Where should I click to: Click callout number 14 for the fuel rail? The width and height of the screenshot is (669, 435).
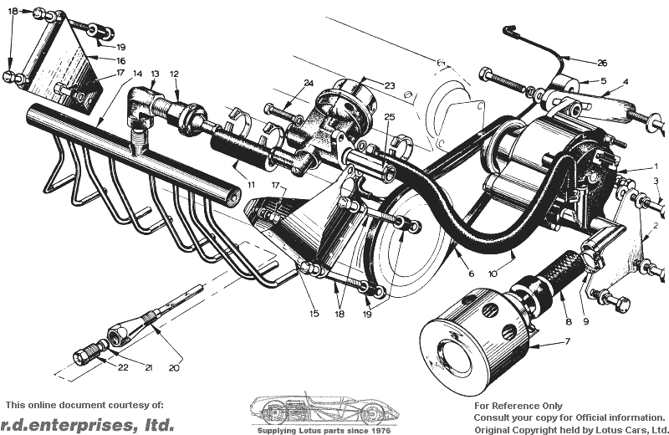(x=137, y=74)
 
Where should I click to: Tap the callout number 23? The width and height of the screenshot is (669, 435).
(x=390, y=85)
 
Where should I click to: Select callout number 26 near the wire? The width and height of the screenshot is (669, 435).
(x=602, y=64)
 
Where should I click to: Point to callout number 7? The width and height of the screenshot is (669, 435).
(x=568, y=341)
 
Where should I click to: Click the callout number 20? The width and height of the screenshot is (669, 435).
(x=174, y=367)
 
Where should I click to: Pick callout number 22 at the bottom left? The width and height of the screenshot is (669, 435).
(x=123, y=367)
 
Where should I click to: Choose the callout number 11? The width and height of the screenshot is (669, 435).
(x=251, y=185)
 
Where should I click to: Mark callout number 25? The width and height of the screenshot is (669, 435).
(x=389, y=116)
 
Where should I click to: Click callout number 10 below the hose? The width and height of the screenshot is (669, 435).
(x=493, y=274)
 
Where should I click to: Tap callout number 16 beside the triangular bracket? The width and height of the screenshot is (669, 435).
(x=120, y=61)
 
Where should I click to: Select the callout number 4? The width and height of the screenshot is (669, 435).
(x=626, y=81)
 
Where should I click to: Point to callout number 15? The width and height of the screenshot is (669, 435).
(x=314, y=314)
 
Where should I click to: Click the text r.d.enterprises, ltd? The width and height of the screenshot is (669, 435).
(x=88, y=424)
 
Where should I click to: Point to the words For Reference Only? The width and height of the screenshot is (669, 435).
(x=518, y=406)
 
